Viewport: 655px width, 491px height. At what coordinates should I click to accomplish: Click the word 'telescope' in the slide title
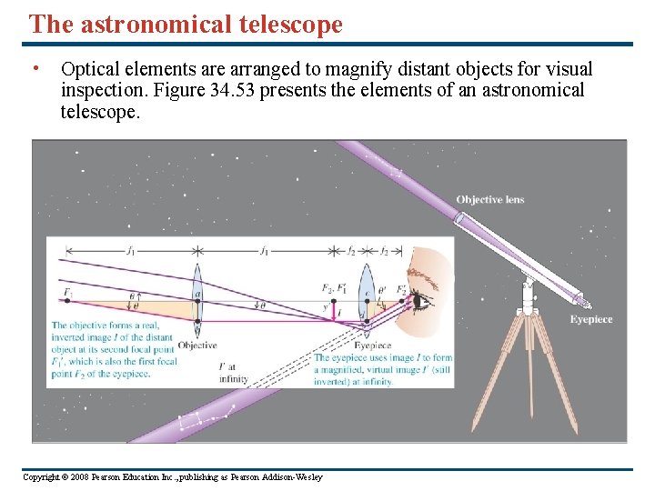click(288, 25)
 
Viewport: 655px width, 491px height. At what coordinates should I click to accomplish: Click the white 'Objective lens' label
click(489, 199)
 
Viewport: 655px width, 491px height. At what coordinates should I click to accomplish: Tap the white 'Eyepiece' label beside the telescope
click(590, 319)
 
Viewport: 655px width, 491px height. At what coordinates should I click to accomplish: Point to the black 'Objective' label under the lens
click(197, 346)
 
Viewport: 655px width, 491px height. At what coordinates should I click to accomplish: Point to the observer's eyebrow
click(422, 278)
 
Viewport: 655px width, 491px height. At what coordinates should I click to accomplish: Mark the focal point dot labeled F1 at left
click(67, 300)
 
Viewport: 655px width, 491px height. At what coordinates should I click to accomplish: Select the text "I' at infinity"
click(233, 374)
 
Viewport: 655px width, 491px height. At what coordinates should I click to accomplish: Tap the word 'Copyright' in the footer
click(42, 477)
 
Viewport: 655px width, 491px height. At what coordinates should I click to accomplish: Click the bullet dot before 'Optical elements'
click(34, 68)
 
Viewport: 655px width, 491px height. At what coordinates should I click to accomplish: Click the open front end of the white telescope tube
click(458, 218)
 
